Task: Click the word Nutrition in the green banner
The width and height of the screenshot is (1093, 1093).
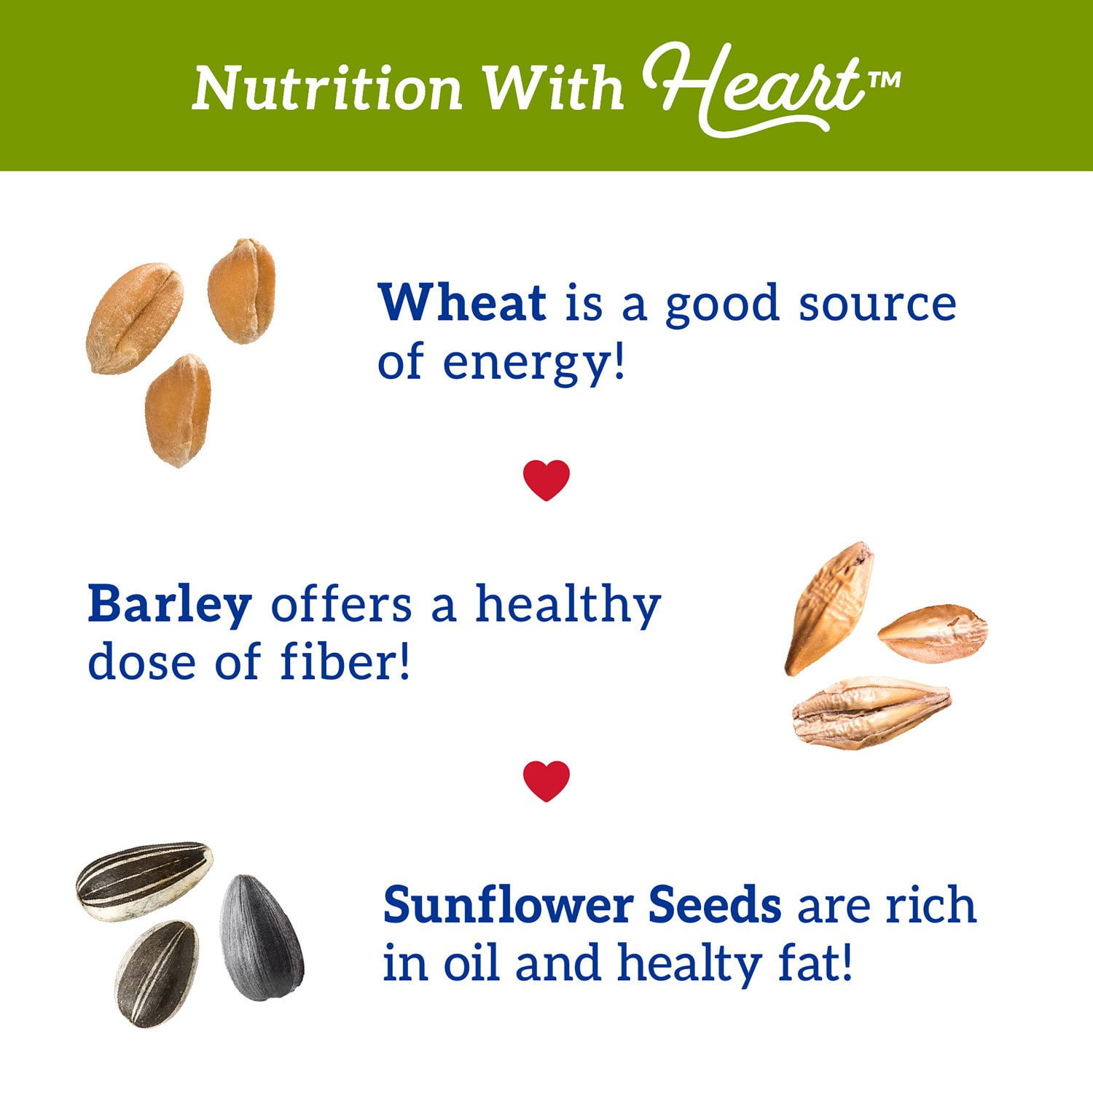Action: pos(327,89)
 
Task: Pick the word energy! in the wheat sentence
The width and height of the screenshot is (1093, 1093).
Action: pos(534,363)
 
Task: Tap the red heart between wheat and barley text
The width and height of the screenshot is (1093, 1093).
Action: pos(546,480)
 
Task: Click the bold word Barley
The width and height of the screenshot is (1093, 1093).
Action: pos(170,605)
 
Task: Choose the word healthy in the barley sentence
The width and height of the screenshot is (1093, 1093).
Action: pos(568,605)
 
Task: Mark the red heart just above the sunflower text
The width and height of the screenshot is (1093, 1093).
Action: pos(546,781)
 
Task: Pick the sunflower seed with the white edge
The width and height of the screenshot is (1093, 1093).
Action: pos(144,880)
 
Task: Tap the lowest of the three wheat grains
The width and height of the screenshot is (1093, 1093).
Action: pos(179,410)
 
